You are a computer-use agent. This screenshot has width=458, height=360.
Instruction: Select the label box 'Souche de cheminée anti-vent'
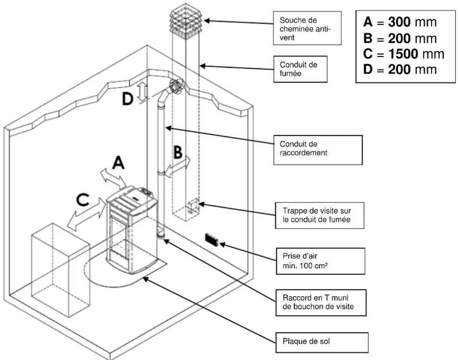point(307,28)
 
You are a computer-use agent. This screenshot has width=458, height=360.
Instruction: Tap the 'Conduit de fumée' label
point(300,69)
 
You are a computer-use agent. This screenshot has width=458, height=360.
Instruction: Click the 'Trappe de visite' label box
point(319,215)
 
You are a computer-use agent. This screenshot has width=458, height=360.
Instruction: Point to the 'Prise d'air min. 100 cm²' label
point(320,261)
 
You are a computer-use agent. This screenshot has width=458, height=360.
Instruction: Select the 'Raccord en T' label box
point(321,302)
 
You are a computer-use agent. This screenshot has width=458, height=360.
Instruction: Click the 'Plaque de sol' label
point(322,342)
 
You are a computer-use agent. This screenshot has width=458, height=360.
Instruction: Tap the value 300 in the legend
point(399,22)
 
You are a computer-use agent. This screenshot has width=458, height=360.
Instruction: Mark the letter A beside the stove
point(118,162)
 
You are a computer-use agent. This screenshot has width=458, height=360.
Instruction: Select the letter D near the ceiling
point(128,99)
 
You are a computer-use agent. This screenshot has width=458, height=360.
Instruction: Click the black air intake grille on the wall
point(212,239)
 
